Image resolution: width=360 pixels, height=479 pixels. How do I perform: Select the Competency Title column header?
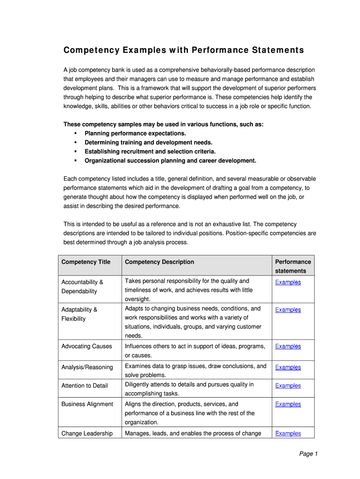pyautogui.click(x=86, y=262)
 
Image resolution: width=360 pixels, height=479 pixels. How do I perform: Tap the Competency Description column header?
pyautogui.click(x=159, y=262)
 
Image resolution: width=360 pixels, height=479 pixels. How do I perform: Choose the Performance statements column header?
pyautogui.click(x=293, y=266)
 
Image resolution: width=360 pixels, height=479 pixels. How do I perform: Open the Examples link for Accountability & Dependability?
pyautogui.click(x=288, y=282)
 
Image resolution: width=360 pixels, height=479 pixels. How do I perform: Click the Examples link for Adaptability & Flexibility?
pyautogui.click(x=288, y=310)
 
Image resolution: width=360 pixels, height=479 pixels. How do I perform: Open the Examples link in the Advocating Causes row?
pyautogui.click(x=288, y=346)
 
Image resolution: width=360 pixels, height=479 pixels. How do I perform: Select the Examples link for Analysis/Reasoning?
pyautogui.click(x=288, y=367)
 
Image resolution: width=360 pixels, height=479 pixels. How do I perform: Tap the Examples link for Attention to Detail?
pyautogui.click(x=288, y=385)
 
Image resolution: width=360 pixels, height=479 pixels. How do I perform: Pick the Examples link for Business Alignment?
pyautogui.click(x=288, y=404)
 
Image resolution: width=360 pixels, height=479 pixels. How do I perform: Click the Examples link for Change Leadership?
pyautogui.click(x=288, y=433)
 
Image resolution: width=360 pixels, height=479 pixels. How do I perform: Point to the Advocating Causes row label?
pyautogui.click(x=86, y=346)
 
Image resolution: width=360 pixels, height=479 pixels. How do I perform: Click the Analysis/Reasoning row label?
pyautogui.click(x=87, y=367)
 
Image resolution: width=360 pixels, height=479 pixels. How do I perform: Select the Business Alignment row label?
pyautogui.click(x=87, y=404)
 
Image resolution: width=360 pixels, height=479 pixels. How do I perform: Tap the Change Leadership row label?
pyautogui.click(x=87, y=433)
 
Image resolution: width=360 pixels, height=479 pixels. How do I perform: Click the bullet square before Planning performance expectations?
pyautogui.click(x=75, y=134)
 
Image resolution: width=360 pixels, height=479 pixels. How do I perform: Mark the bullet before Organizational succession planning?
pyautogui.click(x=75, y=161)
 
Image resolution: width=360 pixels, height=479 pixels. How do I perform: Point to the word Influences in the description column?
pyautogui.click(x=140, y=346)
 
